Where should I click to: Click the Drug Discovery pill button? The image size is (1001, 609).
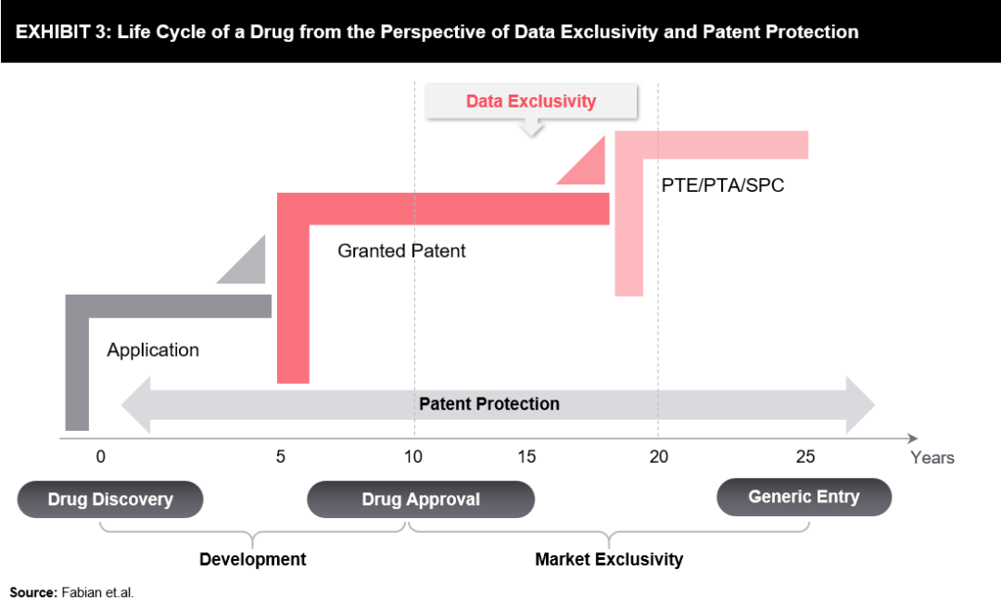110,499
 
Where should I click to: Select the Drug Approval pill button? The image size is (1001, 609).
421,499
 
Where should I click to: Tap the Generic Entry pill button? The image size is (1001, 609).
804,497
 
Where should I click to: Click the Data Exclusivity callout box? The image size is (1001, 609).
531,101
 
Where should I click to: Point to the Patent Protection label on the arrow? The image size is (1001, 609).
489,404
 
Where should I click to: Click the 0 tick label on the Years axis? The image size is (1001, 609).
100,456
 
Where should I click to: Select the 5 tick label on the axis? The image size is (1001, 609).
281,456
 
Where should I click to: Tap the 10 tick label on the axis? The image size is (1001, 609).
413,456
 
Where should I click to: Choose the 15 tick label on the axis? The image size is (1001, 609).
526,456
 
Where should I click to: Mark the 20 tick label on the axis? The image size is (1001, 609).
658,456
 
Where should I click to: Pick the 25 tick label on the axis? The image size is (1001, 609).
805,456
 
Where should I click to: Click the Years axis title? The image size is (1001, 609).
931,458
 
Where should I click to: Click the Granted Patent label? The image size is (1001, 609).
401,250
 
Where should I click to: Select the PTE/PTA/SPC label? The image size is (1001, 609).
723,185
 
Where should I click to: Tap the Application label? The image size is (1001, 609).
153,350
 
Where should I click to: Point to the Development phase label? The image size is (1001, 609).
252,559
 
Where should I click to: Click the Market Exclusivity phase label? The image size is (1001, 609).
609,559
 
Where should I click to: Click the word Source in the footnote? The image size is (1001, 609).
32,591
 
